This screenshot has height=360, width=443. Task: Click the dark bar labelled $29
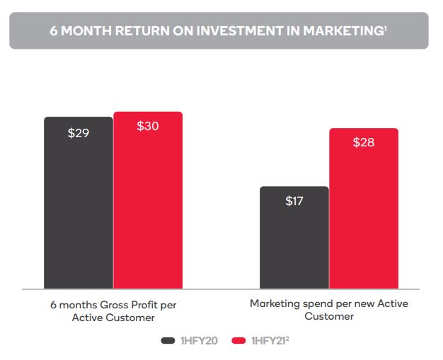[x=78, y=205]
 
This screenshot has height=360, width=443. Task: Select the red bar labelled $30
[x=147, y=205]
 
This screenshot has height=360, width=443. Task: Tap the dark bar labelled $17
[x=294, y=240]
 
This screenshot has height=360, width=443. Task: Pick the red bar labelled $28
[x=363, y=212]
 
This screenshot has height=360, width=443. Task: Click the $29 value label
[x=78, y=132]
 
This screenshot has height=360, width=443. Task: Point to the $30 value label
[x=147, y=127]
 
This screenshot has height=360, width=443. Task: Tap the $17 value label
[x=294, y=201]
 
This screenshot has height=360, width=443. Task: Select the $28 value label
[x=363, y=142]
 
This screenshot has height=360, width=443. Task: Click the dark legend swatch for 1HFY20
[x=168, y=340]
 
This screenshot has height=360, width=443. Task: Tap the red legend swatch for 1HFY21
[x=238, y=340]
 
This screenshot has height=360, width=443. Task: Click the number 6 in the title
[x=54, y=31]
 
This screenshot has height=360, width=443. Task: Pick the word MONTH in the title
[x=80, y=31]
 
